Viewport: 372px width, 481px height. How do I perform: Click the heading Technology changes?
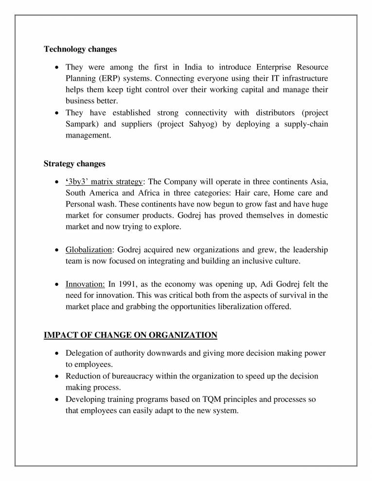point(80,49)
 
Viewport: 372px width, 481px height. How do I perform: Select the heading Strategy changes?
point(74,164)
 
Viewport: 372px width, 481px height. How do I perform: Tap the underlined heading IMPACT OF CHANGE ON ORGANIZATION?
point(130,335)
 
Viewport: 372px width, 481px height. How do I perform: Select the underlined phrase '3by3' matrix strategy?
point(104,182)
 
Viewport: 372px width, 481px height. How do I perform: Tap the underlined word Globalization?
point(89,250)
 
